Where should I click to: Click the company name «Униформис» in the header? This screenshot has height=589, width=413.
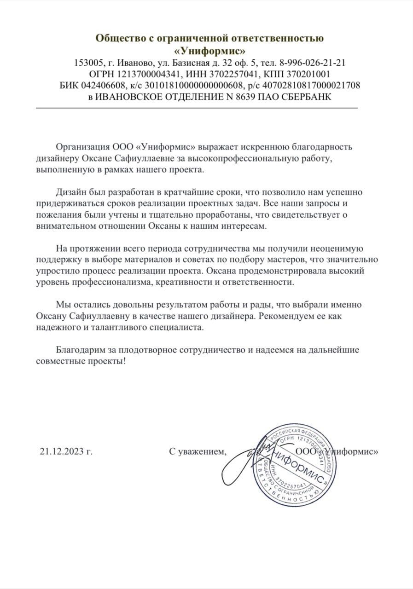[x=209, y=50]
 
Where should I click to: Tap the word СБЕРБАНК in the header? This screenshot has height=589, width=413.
[x=306, y=97]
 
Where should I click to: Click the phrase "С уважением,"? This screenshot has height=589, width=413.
[x=198, y=452]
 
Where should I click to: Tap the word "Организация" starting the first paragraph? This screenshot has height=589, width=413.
[x=83, y=147]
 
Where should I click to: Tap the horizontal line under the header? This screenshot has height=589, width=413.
[x=197, y=107]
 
